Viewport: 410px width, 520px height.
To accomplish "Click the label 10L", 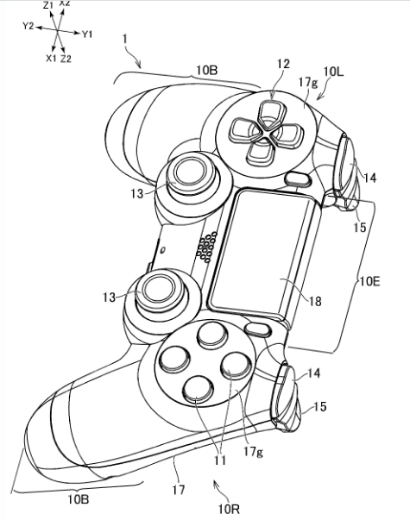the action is pyautogui.click(x=333, y=72).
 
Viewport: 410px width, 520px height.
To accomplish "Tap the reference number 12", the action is pyautogui.click(x=283, y=64).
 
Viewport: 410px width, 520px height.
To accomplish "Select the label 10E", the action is pyautogui.click(x=369, y=282).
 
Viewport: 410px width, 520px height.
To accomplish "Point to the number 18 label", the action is pyautogui.click(x=315, y=302).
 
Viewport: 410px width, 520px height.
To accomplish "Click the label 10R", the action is pyautogui.click(x=229, y=509).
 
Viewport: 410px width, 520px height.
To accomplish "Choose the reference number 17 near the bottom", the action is pyautogui.click(x=179, y=490).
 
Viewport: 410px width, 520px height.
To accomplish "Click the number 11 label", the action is pyautogui.click(x=220, y=460).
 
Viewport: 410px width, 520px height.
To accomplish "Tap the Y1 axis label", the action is pyautogui.click(x=87, y=34).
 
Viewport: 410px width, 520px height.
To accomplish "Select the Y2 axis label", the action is pyautogui.click(x=28, y=26).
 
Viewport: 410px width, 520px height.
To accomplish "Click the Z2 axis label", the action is pyautogui.click(x=66, y=59).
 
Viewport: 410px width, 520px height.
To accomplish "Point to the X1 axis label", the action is pyautogui.click(x=51, y=59).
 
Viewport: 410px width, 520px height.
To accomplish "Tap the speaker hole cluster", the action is pyautogui.click(x=206, y=247).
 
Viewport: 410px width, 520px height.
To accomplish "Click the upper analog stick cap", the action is pyautogui.click(x=188, y=172).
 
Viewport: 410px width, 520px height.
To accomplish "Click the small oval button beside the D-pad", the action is pyautogui.click(x=298, y=179).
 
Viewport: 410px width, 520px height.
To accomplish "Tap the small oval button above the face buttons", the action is pyautogui.click(x=258, y=329).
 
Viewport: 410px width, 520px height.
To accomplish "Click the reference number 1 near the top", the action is pyautogui.click(x=125, y=39).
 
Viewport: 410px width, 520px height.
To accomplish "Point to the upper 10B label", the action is pyautogui.click(x=207, y=71).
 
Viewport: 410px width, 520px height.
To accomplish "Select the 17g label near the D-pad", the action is pyautogui.click(x=308, y=82).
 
